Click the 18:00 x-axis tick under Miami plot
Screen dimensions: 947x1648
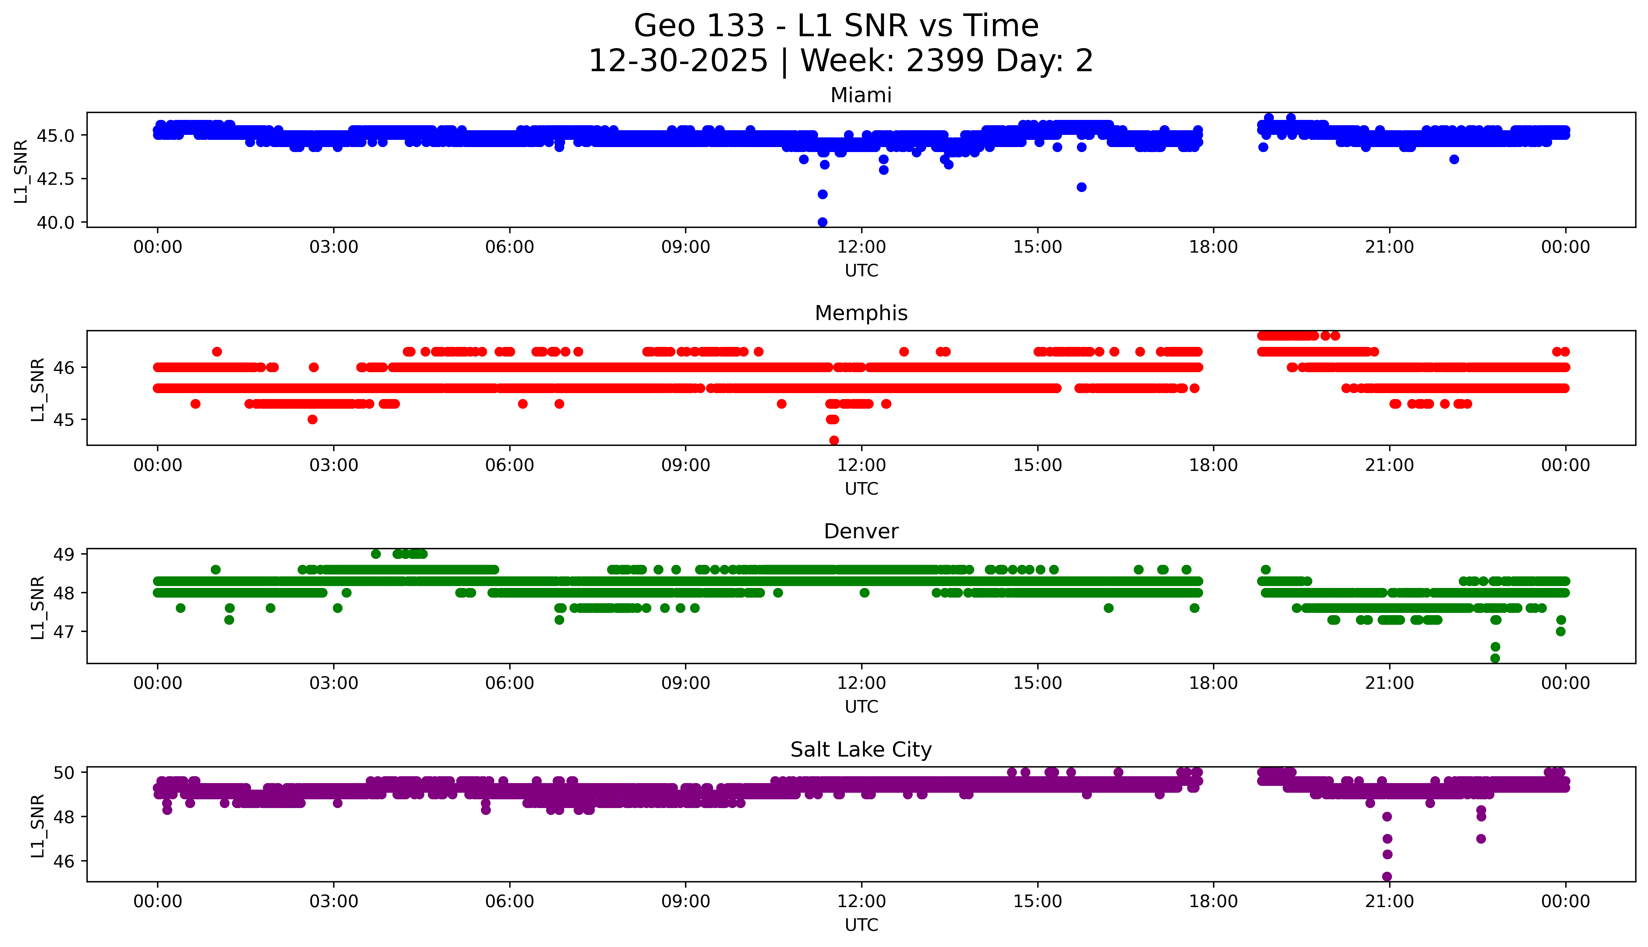1214,247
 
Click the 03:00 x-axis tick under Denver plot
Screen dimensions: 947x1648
334,683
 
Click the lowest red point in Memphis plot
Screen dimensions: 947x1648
834,440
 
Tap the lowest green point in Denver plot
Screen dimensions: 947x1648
1495,658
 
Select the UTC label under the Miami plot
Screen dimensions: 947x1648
861,271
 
